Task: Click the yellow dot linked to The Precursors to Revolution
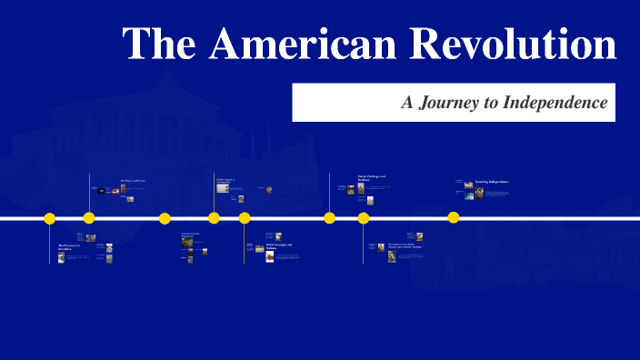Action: [x=50, y=218]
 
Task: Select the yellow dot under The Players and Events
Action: [x=89, y=218]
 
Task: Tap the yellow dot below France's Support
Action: [x=214, y=218]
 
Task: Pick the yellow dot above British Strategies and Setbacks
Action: [x=245, y=218]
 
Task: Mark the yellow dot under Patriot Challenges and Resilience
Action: [x=330, y=218]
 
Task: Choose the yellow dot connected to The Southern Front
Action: [x=364, y=218]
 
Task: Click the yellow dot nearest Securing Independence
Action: [x=454, y=217]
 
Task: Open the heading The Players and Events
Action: [x=133, y=181]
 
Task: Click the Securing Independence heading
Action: [x=492, y=182]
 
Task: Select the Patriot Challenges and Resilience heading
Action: [x=372, y=178]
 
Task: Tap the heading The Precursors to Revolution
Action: [x=69, y=246]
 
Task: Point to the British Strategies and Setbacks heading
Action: [x=279, y=246]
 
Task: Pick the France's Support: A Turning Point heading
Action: [x=225, y=180]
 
